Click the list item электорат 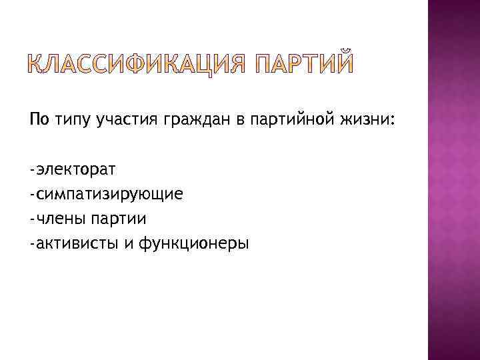76,170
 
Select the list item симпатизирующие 109,195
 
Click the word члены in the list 58,219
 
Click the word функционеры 193,244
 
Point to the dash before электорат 32,170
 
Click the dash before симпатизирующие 32,195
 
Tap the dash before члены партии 32,219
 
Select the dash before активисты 32,244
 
